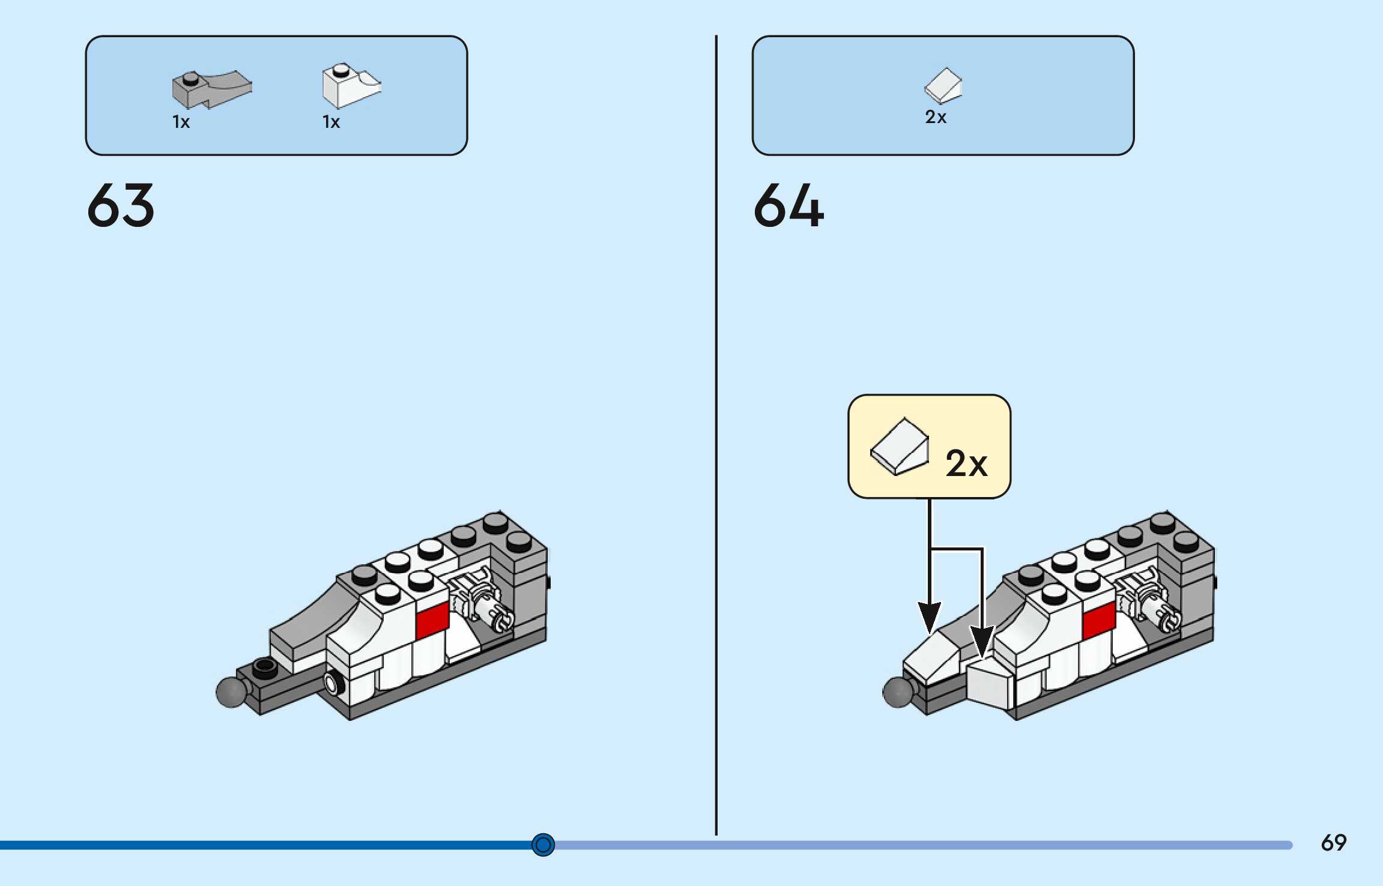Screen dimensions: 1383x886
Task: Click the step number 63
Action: [121, 205]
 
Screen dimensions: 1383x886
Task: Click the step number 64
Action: [788, 205]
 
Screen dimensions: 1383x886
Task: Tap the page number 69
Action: [1333, 843]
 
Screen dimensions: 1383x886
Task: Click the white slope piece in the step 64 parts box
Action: [943, 85]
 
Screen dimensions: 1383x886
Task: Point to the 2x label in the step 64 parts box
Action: [935, 117]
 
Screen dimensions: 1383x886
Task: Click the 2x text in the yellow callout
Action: [966, 463]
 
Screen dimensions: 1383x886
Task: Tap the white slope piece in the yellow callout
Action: [899, 447]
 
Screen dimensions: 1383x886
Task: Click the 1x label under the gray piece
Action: [181, 122]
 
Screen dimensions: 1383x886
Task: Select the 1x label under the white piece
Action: [331, 122]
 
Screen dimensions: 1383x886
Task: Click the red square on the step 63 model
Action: [432, 619]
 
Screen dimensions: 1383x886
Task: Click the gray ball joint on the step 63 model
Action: [231, 692]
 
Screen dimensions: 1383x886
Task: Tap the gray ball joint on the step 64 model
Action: [897, 692]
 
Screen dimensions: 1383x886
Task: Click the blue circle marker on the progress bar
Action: [543, 845]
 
